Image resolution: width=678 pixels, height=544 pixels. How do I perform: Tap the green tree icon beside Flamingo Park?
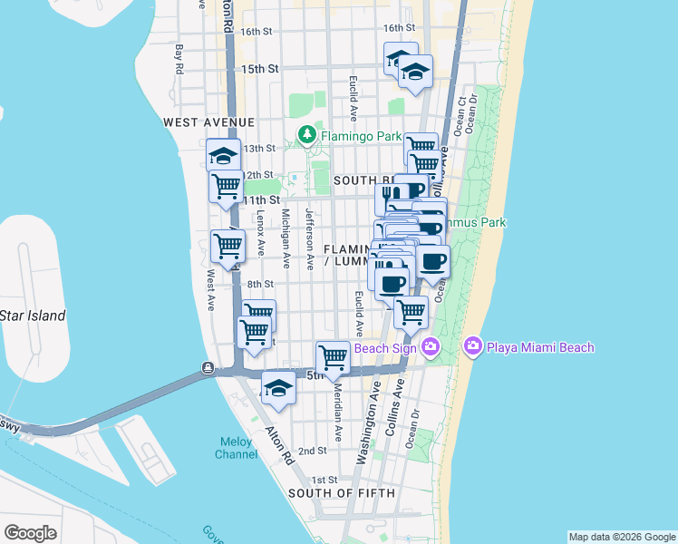click(307, 136)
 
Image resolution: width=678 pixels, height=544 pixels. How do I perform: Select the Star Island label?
click(33, 316)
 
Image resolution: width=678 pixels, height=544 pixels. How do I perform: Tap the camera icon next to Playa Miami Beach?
click(472, 346)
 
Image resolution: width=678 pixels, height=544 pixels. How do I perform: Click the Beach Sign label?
click(385, 347)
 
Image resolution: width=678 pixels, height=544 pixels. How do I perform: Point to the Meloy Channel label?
click(237, 448)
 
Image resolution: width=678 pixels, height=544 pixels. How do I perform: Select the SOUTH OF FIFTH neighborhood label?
click(342, 493)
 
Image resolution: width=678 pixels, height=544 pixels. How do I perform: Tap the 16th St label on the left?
click(257, 32)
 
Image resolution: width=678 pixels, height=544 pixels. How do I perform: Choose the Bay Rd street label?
click(179, 60)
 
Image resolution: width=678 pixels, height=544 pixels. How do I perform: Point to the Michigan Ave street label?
click(286, 239)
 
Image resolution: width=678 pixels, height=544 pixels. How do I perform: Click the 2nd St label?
click(312, 451)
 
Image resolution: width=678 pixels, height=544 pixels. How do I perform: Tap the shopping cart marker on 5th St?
click(334, 356)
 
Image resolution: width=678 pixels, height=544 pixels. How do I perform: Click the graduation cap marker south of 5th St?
click(279, 388)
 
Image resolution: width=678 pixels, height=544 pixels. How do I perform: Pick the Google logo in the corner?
click(30, 533)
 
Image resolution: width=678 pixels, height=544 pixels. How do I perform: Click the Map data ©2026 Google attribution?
click(621, 537)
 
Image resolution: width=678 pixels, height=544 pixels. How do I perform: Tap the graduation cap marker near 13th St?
click(223, 154)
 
